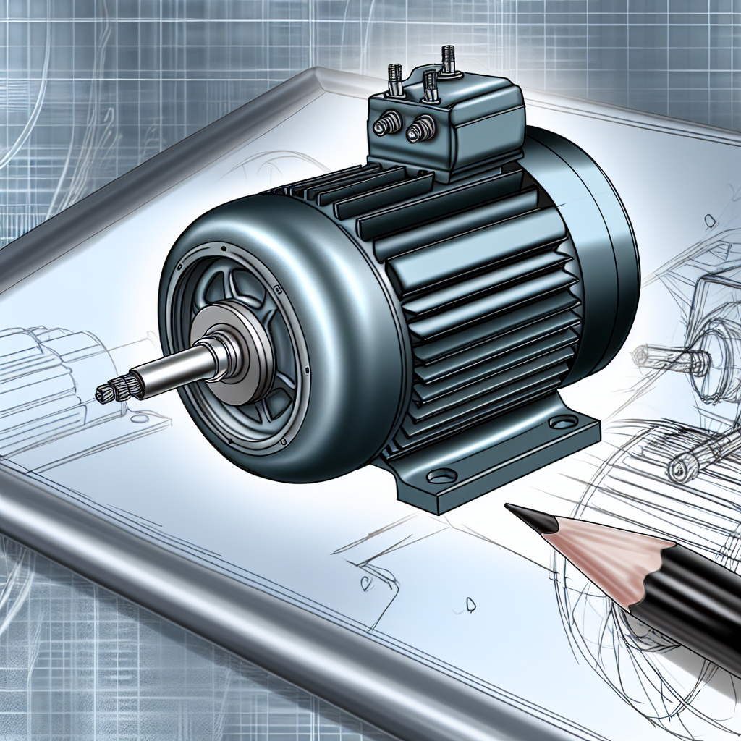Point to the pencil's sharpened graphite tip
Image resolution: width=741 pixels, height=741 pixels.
[x=522, y=513]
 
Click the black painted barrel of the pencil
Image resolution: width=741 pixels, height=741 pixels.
[x=687, y=615]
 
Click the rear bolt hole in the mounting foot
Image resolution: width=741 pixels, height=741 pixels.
[x=562, y=422]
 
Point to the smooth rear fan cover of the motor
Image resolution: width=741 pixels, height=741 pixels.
[x=601, y=239]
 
